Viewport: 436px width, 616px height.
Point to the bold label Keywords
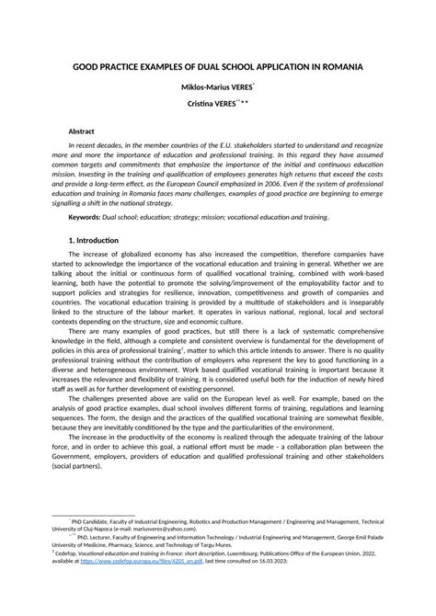click(x=86, y=216)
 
